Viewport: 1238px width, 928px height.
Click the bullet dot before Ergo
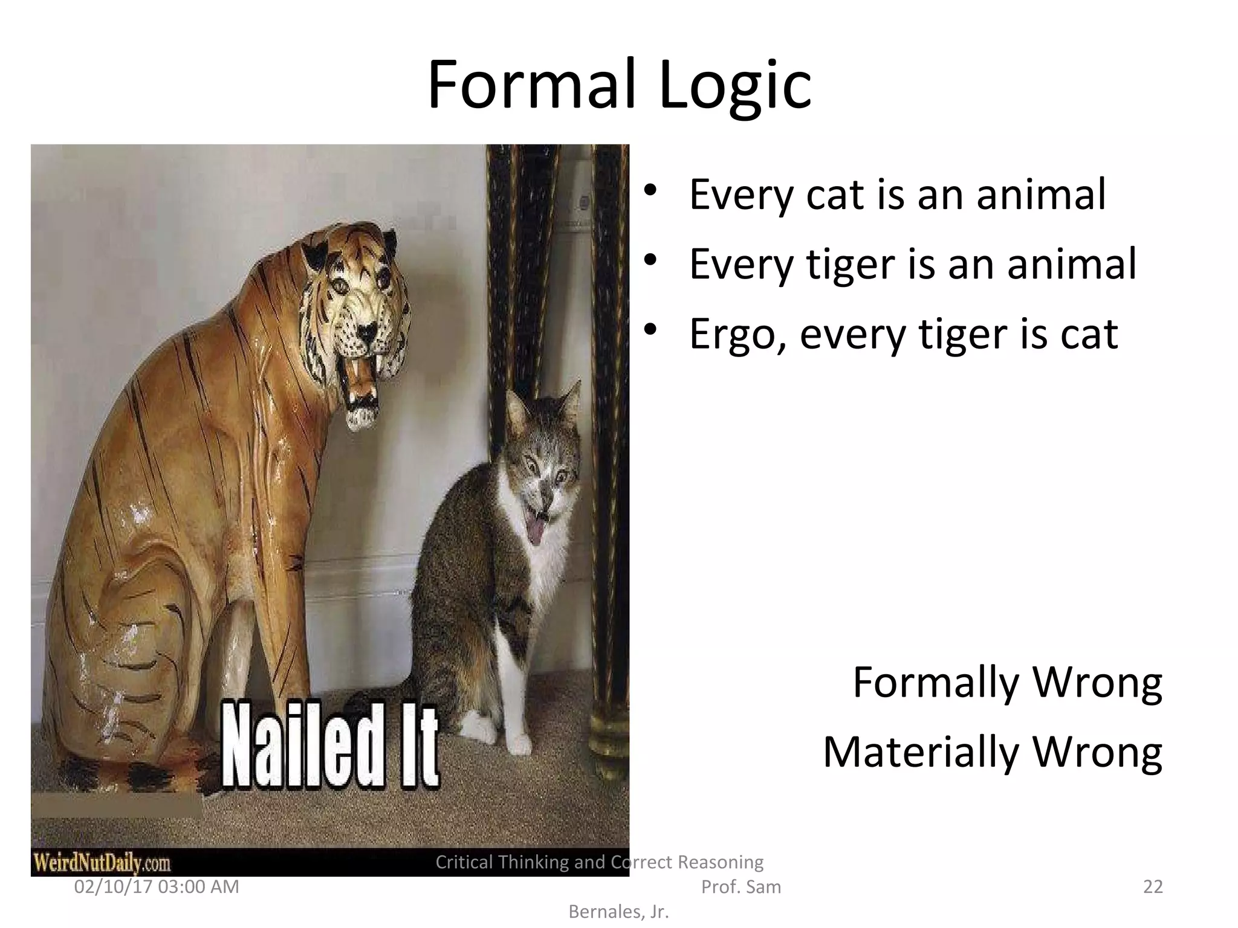pos(650,330)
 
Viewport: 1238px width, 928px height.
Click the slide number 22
pos(1153,887)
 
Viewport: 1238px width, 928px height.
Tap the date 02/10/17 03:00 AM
pos(157,887)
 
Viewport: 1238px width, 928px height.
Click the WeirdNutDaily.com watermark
pos(102,862)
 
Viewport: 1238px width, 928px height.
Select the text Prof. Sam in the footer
pos(741,887)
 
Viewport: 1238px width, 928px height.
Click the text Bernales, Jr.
pos(618,912)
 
